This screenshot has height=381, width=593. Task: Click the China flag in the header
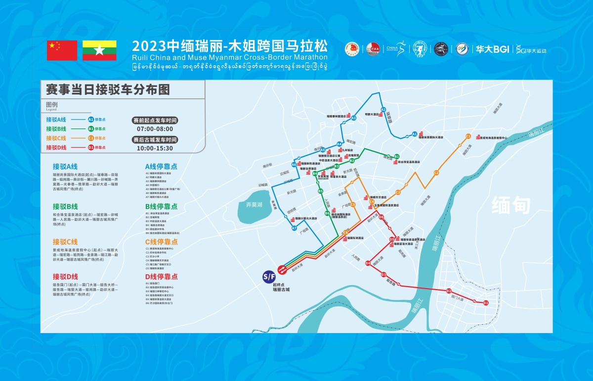point(62,50)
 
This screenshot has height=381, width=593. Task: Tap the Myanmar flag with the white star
point(99,50)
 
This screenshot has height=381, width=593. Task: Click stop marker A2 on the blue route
point(383,110)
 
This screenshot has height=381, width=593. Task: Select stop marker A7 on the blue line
point(294,228)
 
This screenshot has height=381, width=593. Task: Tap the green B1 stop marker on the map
point(396,157)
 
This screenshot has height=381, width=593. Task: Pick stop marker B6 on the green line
point(327,213)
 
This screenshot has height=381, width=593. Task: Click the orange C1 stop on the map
point(468,136)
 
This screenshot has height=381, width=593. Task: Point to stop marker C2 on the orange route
point(436,172)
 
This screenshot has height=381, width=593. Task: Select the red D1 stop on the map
point(486,302)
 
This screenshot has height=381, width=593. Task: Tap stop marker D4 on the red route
point(368,263)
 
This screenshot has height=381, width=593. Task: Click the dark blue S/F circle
point(269,276)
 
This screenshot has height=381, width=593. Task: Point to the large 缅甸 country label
point(510,206)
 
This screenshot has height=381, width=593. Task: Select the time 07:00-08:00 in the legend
point(154,128)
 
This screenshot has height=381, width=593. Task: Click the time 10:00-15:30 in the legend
point(154,148)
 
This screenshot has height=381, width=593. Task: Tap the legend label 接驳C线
point(56,138)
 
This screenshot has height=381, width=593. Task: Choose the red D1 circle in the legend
point(91,147)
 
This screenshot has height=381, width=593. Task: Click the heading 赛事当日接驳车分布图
point(107,90)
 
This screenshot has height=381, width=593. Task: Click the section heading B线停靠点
point(161,206)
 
